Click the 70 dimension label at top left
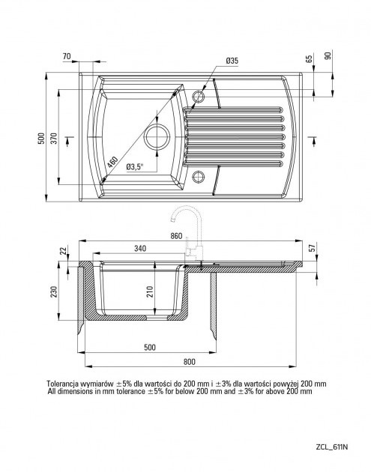tap(67, 56)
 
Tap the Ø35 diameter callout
tap(232, 61)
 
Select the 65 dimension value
tap(309, 58)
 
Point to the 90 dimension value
tap(328, 55)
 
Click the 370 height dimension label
tap(54, 138)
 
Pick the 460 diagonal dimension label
tap(112, 163)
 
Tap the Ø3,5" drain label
tap(135, 167)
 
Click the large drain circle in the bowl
tap(157, 136)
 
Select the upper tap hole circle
tap(198, 97)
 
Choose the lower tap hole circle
tap(198, 176)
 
